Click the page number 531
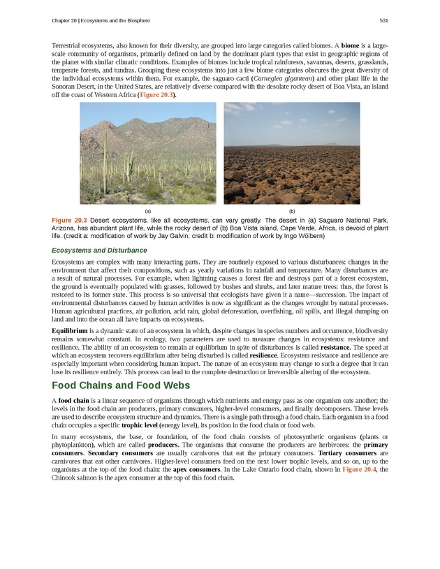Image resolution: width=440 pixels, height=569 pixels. point(384,20)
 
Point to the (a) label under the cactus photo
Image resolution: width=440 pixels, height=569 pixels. point(148,211)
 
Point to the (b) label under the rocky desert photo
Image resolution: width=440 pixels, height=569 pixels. point(292,211)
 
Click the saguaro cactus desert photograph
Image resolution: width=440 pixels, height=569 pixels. point(148,153)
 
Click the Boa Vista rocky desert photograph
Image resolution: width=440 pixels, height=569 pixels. point(292,153)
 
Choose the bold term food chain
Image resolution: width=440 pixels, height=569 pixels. point(75,400)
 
